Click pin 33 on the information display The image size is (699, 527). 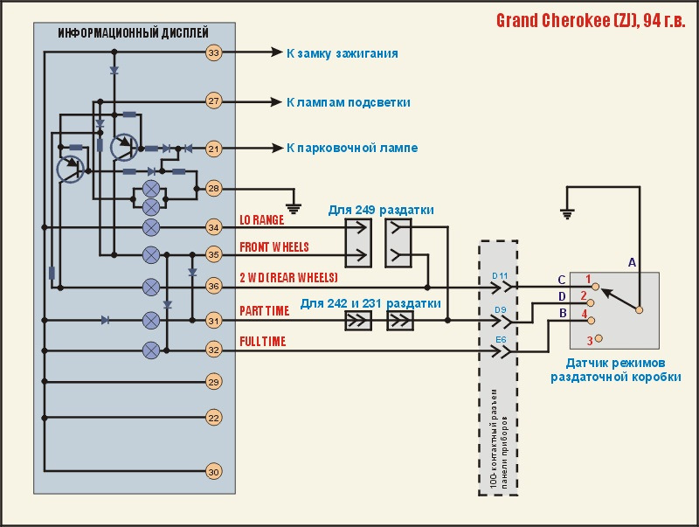(214, 53)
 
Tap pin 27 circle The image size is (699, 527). (214, 101)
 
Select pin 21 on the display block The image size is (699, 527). (214, 149)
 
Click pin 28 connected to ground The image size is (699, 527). (214, 188)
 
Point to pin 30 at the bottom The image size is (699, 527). (214, 472)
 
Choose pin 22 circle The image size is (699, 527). (214, 419)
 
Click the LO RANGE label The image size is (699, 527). (262, 220)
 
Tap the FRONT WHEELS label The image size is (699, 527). (274, 247)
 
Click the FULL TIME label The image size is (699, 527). (263, 342)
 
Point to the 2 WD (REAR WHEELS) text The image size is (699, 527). (288, 277)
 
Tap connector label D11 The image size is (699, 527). (500, 276)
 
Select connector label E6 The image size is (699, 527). (500, 340)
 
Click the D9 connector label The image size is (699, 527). (500, 309)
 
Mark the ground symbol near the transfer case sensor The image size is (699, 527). (568, 212)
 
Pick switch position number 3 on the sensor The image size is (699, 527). (590, 340)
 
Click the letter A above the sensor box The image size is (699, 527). (633, 261)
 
